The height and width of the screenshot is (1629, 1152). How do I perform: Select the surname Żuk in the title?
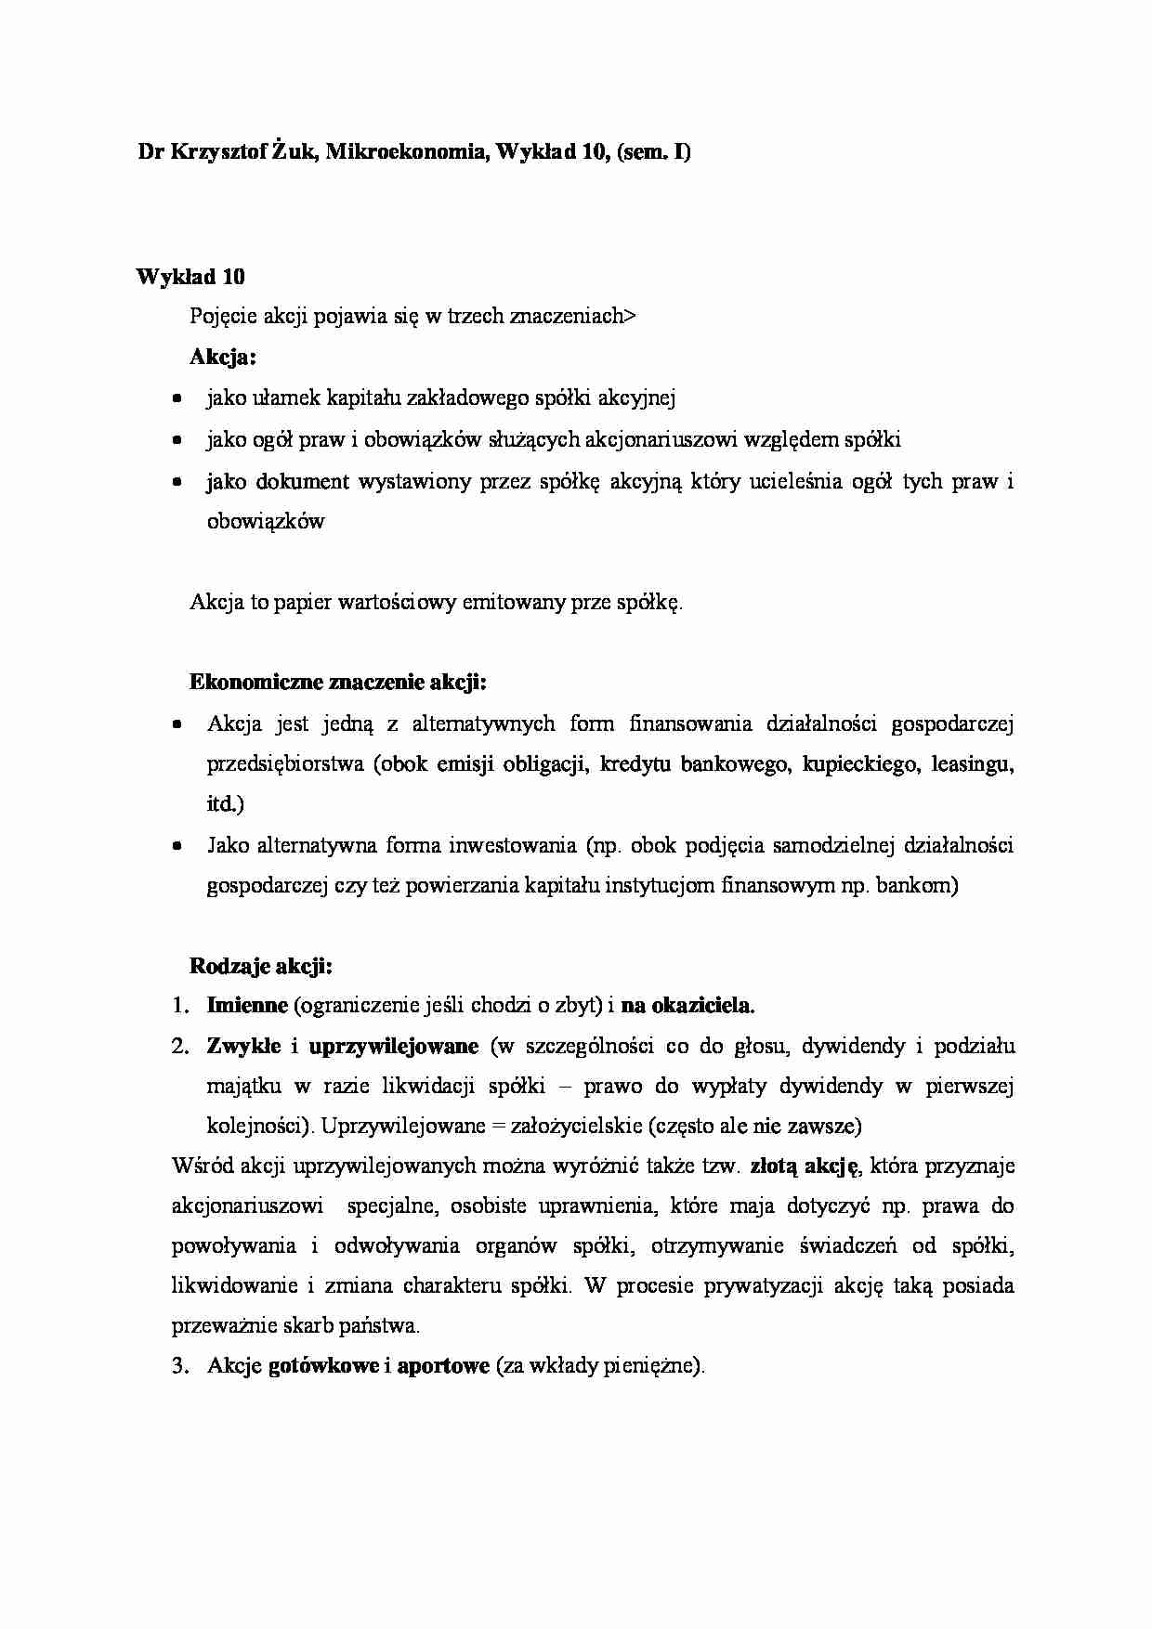pos(296,153)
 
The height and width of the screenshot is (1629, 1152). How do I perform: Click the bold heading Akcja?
pos(223,357)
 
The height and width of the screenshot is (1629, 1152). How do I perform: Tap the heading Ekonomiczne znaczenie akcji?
pos(338,683)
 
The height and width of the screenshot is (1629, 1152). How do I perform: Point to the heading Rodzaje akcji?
pos(261,966)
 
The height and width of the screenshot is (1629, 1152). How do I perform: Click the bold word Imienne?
pos(247,1006)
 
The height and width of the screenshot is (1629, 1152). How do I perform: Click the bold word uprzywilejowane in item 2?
pos(393,1047)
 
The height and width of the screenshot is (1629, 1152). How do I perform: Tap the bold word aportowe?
pos(442,1367)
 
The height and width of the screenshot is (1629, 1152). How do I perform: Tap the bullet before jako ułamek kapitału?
pos(177,399)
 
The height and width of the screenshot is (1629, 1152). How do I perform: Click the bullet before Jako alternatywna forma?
pos(177,847)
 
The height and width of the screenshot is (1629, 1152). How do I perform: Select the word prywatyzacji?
pos(765,1287)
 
